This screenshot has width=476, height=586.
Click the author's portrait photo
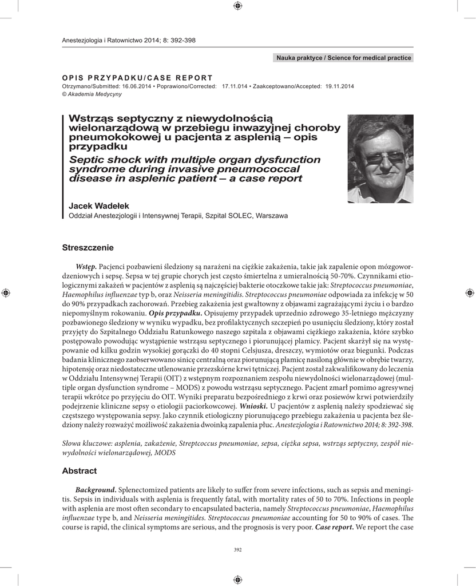click(380, 159)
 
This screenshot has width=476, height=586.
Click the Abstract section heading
click(80, 471)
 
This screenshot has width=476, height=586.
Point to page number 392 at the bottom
click(238, 550)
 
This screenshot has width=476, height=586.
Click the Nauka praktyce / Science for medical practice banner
click(344, 58)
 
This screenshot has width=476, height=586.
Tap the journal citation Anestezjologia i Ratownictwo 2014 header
click(128, 40)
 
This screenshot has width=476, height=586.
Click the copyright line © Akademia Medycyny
click(91, 94)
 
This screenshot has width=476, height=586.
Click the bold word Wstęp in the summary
click(86, 267)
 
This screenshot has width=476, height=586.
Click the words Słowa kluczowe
click(86, 444)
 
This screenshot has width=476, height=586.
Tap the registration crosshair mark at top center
click(238, 6)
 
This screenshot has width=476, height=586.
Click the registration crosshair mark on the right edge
click(470, 292)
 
